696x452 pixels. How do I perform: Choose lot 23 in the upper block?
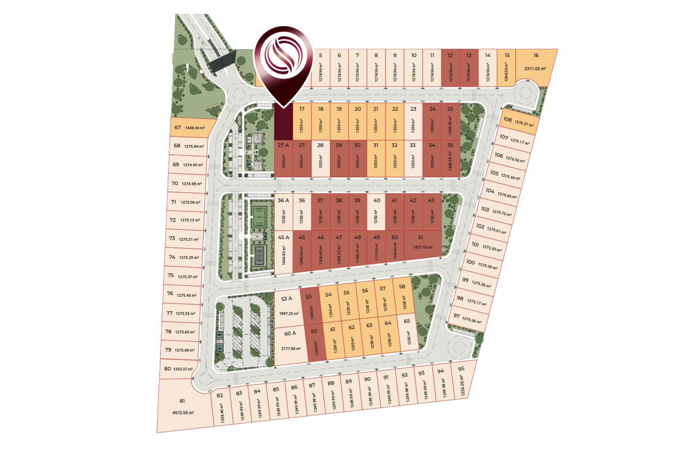tap(413, 122)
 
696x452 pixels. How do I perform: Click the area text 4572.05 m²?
tap(183, 413)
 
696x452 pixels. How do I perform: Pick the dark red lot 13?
tap(469, 68)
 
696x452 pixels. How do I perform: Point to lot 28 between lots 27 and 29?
tap(320, 158)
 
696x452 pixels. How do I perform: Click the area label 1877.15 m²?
tap(423, 248)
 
